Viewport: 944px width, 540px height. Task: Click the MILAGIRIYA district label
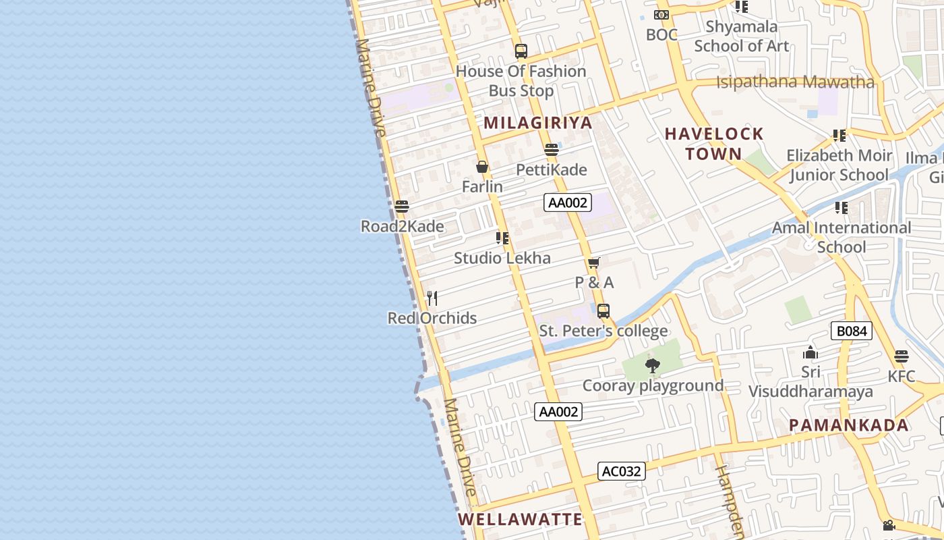pyautogui.click(x=537, y=123)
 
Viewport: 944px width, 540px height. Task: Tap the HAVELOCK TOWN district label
pyautogui.click(x=714, y=144)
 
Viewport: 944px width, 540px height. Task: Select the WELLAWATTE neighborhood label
pyautogui.click(x=520, y=519)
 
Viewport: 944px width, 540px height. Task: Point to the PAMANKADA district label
pyautogui.click(x=849, y=425)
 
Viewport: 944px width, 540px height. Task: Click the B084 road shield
pyautogui.click(x=852, y=331)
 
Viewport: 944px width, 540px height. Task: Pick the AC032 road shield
pyautogui.click(x=621, y=471)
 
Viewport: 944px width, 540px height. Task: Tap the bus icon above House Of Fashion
pyautogui.click(x=521, y=51)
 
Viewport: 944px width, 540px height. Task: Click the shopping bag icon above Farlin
pyautogui.click(x=482, y=167)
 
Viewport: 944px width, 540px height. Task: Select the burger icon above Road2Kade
pyautogui.click(x=402, y=207)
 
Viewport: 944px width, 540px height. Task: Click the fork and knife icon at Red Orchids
pyautogui.click(x=432, y=298)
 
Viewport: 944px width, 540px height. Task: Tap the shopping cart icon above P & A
pyautogui.click(x=594, y=263)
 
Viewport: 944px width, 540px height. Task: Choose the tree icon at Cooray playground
pyautogui.click(x=652, y=366)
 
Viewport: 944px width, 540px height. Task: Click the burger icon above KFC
pyautogui.click(x=902, y=356)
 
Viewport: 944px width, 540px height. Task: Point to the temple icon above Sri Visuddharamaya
pyautogui.click(x=810, y=352)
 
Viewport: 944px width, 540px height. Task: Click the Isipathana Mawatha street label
pyautogui.click(x=795, y=82)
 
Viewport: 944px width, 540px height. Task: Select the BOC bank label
pyautogui.click(x=661, y=34)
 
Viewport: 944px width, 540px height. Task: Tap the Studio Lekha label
pyautogui.click(x=502, y=258)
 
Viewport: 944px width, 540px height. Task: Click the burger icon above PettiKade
pyautogui.click(x=552, y=150)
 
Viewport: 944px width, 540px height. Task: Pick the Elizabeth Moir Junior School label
pyautogui.click(x=839, y=165)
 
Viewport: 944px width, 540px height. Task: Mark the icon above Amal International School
pyautogui.click(x=841, y=208)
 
